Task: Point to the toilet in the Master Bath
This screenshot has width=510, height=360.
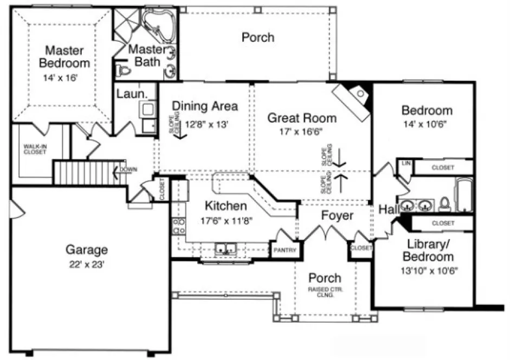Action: click(x=122, y=70)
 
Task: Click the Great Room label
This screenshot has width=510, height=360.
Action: click(x=302, y=118)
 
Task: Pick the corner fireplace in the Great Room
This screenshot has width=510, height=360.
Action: click(x=353, y=99)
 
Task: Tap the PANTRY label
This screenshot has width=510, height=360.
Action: click(x=284, y=250)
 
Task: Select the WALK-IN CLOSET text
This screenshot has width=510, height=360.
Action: click(x=36, y=149)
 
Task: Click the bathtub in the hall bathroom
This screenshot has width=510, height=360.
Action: click(x=464, y=196)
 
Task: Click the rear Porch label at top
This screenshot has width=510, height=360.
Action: click(x=257, y=37)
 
